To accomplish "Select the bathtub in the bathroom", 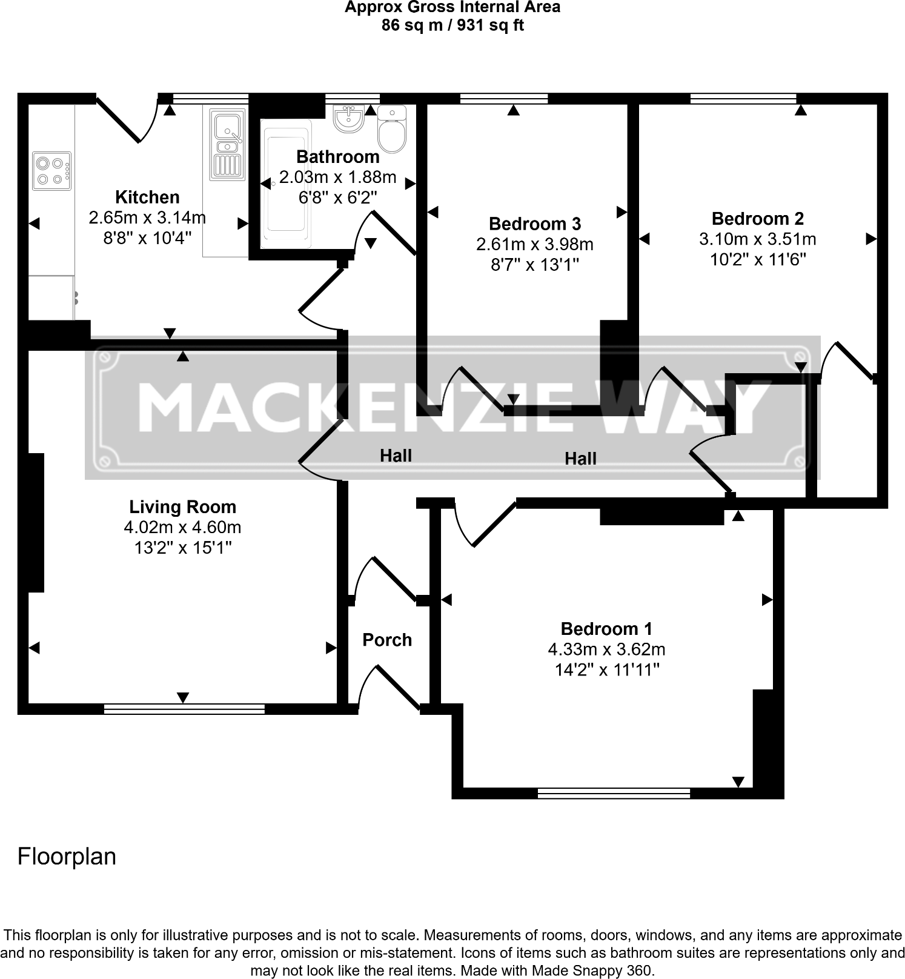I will [x=286, y=183].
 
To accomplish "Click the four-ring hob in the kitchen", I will [x=51, y=171].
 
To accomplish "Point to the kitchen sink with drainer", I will [x=228, y=145].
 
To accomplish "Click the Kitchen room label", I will [x=147, y=197].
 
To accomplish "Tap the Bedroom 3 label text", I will [x=534, y=224].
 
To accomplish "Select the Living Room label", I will [x=182, y=506].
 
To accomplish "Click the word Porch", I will [x=386, y=640].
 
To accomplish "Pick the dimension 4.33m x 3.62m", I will [x=606, y=649].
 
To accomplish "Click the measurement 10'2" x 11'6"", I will [x=757, y=259].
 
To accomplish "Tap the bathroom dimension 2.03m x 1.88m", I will [x=337, y=177].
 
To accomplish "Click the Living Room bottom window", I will [x=184, y=709].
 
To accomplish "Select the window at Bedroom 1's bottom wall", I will [x=614, y=793].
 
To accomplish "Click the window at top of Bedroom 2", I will [x=743, y=98].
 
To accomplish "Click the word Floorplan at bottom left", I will [x=67, y=856].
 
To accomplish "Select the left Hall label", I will [x=396, y=456].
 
